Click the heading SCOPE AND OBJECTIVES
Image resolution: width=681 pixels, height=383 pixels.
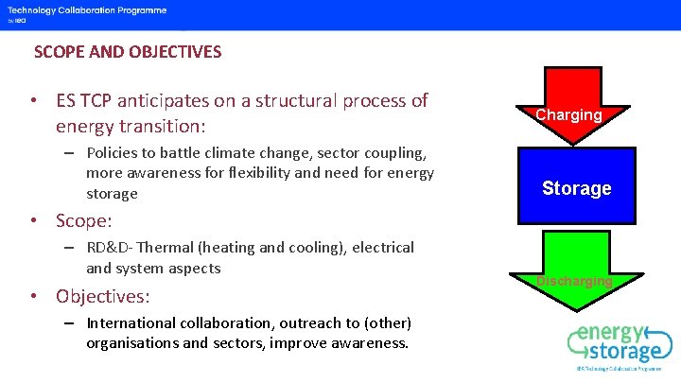(x=128, y=52)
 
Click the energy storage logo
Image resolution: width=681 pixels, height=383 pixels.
(x=620, y=345)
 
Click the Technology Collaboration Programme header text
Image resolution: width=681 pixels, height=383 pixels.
(x=87, y=10)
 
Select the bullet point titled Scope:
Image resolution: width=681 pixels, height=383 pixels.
(x=83, y=220)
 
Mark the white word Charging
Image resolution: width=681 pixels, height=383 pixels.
(x=568, y=114)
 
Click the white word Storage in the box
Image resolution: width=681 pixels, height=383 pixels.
(x=576, y=188)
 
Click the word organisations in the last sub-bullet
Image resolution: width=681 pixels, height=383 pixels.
(x=131, y=342)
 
